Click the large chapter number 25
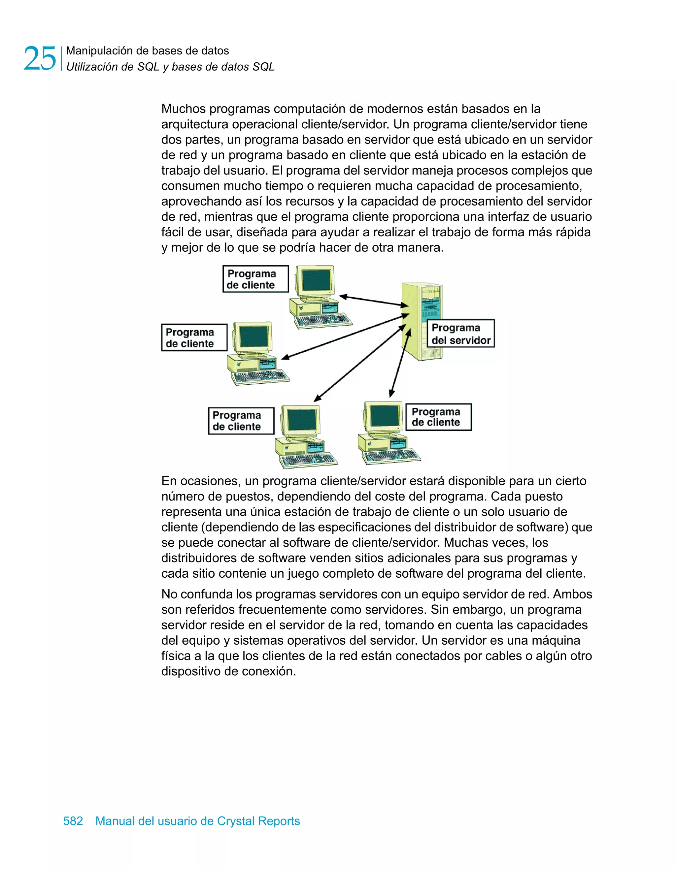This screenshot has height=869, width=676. coord(40,58)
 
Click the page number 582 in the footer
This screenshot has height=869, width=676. coord(73,821)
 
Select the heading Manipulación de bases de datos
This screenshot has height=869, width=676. coord(147,50)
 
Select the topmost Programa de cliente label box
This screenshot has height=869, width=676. coord(255,279)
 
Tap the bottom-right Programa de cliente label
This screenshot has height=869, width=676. coord(438,417)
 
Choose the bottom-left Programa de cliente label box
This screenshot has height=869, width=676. coord(241,421)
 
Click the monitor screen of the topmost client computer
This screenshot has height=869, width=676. coord(317,280)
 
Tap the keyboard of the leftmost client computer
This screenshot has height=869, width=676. coord(261,376)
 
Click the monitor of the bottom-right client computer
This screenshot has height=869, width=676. coord(384,416)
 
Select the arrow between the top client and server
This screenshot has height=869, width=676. coord(374,301)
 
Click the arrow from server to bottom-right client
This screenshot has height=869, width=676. coord(400,363)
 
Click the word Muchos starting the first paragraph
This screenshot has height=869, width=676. coord(183,109)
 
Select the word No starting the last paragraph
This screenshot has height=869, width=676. coord(169,594)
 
